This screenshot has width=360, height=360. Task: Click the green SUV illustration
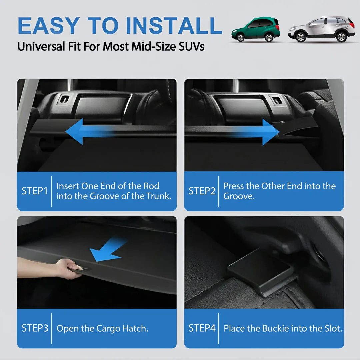[x=255, y=29]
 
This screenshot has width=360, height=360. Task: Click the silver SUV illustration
[x=322, y=29]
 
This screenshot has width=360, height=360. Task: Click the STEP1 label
[x=35, y=191]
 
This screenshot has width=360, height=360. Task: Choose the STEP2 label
[x=202, y=191]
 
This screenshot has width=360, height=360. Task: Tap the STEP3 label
[x=35, y=328]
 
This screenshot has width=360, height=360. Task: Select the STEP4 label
[x=202, y=328]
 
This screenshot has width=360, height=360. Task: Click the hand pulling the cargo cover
[x=68, y=269]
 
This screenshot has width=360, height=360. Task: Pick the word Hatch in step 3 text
[x=135, y=328]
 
